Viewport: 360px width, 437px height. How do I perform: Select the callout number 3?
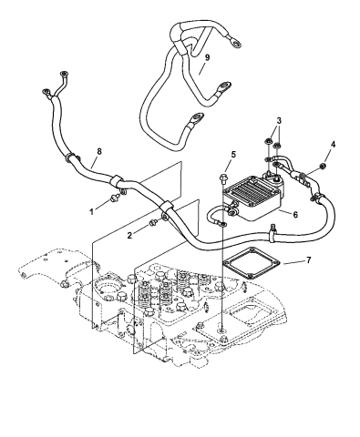[279, 121]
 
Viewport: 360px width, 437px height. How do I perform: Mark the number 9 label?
[206, 57]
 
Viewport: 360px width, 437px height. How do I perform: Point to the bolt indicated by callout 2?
[153, 221]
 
